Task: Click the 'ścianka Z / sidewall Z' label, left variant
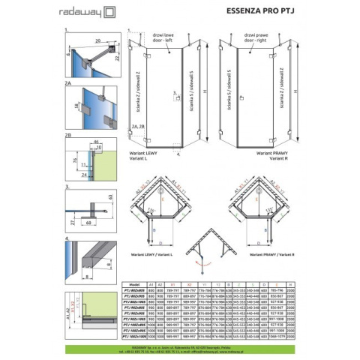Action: (x=139, y=90)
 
